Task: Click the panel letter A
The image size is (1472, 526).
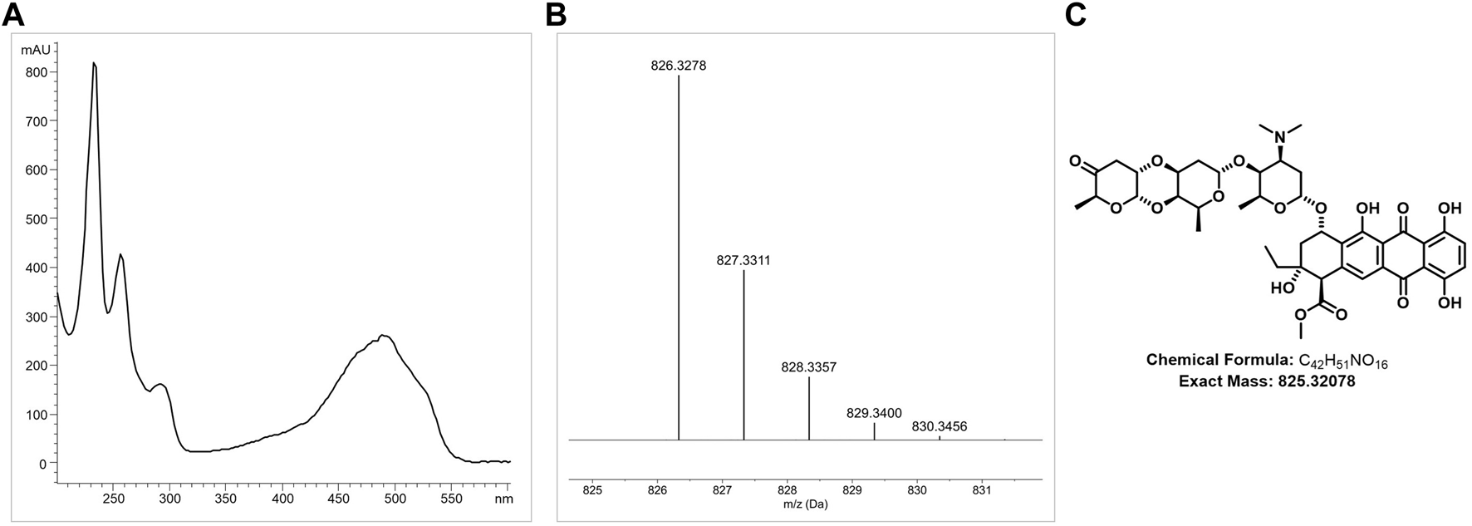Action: click(16, 15)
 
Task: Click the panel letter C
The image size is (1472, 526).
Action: click(1075, 15)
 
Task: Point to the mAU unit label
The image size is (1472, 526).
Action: click(35, 51)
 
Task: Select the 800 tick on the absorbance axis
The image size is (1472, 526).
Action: click(36, 72)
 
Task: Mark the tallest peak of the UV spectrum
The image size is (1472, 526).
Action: click(94, 63)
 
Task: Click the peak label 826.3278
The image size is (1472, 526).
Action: click(679, 65)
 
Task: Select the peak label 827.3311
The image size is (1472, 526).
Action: click(743, 260)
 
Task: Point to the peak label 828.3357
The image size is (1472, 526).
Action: click(808, 366)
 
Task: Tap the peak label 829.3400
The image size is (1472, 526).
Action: click(874, 412)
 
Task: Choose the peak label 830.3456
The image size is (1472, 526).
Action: click(940, 426)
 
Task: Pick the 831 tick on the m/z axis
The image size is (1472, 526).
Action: click(982, 489)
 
